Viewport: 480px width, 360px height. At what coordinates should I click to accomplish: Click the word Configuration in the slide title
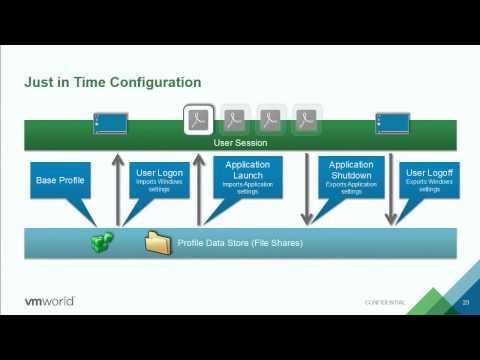tap(151, 82)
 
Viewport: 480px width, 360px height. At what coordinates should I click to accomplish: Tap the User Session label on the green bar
tap(240, 143)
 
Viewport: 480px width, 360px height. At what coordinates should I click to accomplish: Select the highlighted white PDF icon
tap(199, 120)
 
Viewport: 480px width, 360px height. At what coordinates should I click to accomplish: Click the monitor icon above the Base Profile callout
tap(110, 124)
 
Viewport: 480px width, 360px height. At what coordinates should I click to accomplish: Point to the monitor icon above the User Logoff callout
tap(390, 124)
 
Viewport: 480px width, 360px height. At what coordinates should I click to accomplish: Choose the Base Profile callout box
tap(60, 180)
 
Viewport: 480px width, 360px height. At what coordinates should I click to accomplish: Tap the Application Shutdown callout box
tap(351, 175)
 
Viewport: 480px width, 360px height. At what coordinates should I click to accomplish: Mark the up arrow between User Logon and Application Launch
tap(199, 190)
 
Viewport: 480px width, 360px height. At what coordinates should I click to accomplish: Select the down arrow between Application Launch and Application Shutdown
tap(307, 190)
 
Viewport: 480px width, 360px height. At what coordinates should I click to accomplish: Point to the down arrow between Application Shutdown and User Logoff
tap(391, 190)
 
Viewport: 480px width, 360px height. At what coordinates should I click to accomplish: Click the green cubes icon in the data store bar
tap(103, 242)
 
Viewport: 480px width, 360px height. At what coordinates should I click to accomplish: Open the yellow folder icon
tap(157, 242)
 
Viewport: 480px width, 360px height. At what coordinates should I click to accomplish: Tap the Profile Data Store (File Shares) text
tap(240, 243)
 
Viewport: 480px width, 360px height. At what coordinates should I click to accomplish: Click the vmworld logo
tap(49, 301)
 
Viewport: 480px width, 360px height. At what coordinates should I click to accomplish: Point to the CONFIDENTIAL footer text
tap(385, 302)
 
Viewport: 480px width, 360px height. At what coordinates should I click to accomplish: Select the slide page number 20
tap(465, 302)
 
